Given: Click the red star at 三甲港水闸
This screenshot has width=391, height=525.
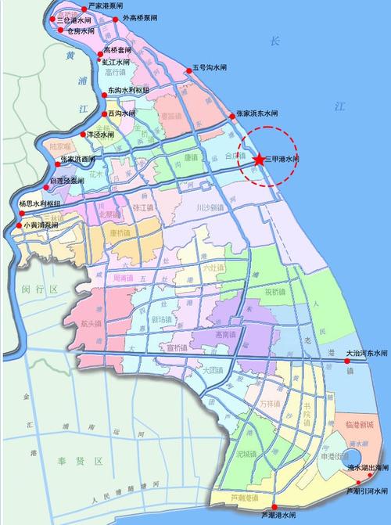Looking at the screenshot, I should pyautogui.click(x=258, y=159).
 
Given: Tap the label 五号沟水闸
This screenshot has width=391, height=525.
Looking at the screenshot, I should pyautogui.click(x=212, y=68).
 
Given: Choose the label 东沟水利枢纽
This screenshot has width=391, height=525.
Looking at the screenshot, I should pyautogui.click(x=128, y=90).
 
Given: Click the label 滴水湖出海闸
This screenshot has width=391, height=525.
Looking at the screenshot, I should pyautogui.click(x=367, y=466).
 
